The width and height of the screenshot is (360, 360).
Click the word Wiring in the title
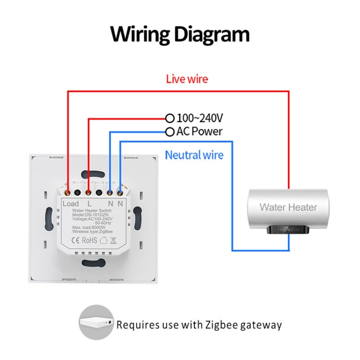tap(140, 35)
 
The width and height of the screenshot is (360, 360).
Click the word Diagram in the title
tap(211, 35)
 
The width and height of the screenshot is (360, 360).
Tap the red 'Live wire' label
tap(187, 79)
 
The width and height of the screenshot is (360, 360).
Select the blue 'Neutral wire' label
tap(194, 155)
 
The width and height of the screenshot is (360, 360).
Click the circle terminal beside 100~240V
tap(169, 118)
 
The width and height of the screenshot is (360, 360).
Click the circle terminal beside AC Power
tap(169, 132)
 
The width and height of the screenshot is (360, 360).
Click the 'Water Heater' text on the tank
tap(288, 207)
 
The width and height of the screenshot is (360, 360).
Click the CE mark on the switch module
tap(76, 240)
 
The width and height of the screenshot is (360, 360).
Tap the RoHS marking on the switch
tap(90, 240)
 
